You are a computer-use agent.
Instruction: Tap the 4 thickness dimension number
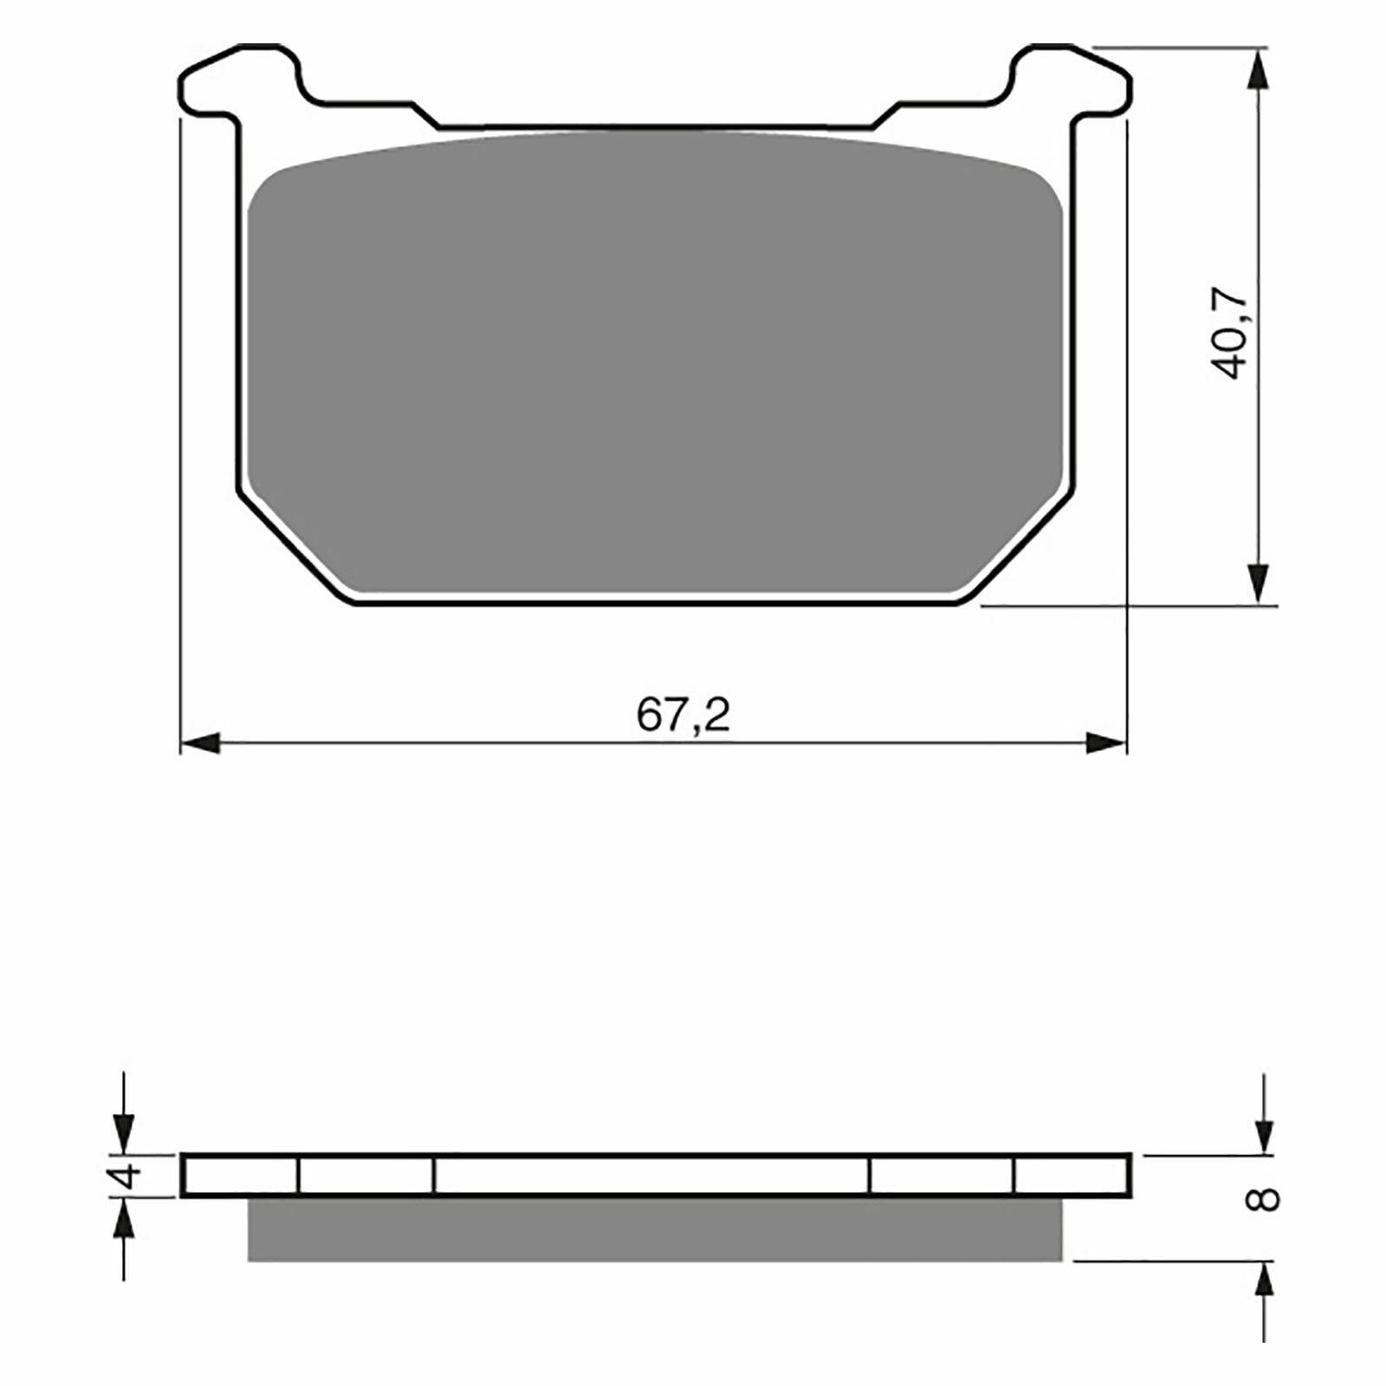(127, 1176)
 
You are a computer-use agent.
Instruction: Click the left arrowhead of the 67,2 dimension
(199, 742)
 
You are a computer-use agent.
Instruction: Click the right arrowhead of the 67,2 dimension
(1108, 742)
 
